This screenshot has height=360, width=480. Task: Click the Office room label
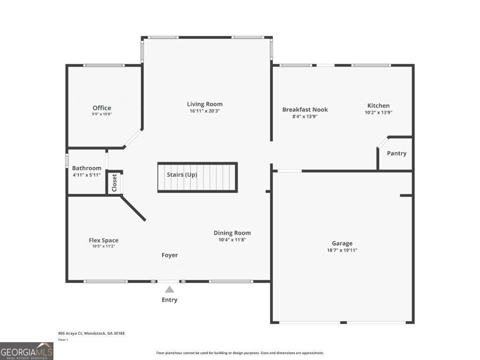coord(102,108)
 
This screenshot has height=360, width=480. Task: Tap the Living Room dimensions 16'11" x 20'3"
coord(204,111)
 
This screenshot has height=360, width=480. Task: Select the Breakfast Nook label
coord(305,110)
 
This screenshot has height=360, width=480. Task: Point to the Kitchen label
coord(378,105)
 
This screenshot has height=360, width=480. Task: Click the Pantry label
coord(397,153)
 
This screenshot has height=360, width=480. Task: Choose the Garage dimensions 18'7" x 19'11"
coord(342,250)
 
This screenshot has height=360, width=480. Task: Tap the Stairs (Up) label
coord(182,175)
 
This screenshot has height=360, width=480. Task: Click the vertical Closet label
coord(114,183)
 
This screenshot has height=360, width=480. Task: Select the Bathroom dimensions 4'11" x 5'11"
coord(86,175)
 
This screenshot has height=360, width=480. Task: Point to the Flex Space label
coord(103,240)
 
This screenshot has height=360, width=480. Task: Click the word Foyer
coord(170,255)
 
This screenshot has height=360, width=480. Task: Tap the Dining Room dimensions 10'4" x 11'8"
coord(232,240)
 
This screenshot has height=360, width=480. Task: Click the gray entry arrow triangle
coord(170,290)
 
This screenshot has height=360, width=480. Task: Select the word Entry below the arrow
coord(170,300)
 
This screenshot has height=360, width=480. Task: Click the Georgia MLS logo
coord(27,351)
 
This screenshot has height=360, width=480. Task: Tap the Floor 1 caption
coord(63,340)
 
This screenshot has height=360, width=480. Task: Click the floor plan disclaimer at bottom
coord(240,353)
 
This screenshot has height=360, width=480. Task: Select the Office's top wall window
coord(104,65)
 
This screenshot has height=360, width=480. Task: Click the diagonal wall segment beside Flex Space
coord(134,209)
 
